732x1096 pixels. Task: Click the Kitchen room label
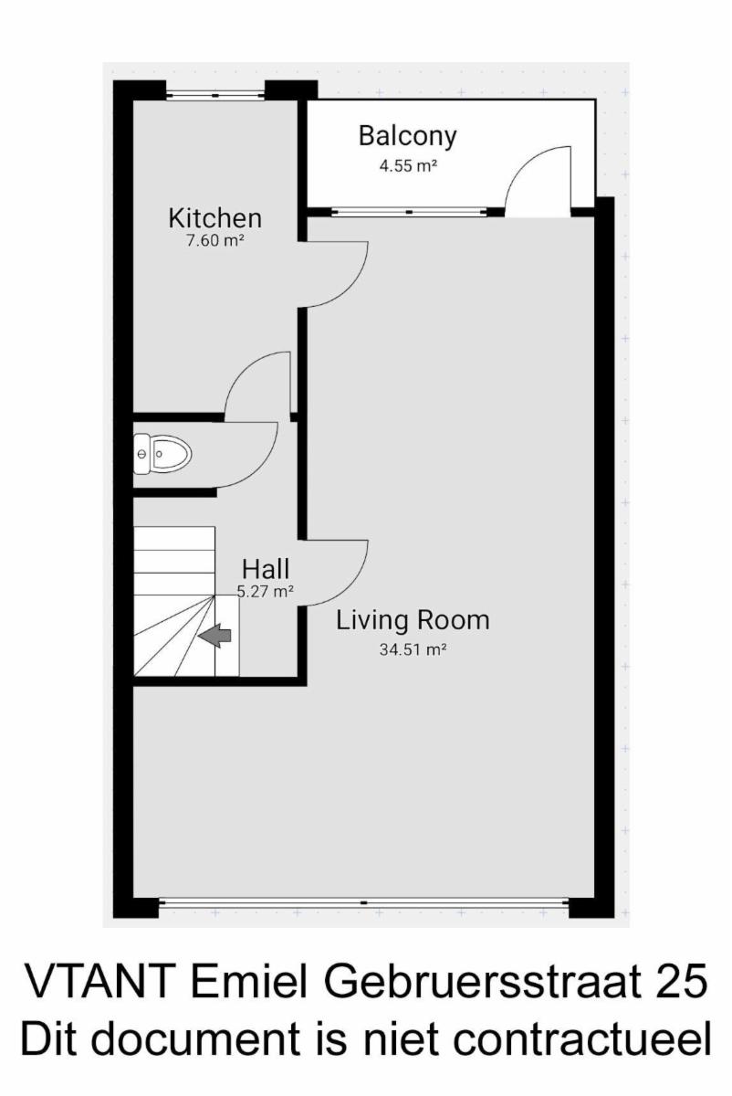point(215,218)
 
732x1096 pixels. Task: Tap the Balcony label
point(408,136)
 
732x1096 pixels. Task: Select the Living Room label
point(413,620)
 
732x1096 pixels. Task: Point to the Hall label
point(266,569)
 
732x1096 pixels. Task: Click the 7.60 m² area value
point(215,241)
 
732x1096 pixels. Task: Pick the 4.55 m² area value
point(408,166)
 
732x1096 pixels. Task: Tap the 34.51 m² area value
point(413,649)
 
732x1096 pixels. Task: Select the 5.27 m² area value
point(266,592)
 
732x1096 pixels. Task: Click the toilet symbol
point(162,454)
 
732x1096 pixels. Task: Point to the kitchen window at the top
point(215,95)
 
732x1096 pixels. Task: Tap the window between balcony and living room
point(409,212)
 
